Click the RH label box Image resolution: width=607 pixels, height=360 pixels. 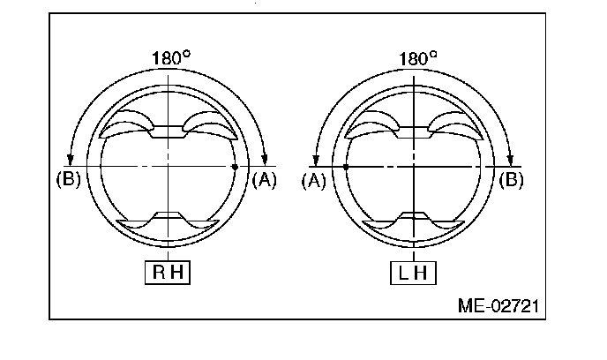click(x=168, y=273)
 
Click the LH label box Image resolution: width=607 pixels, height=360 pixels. click(x=413, y=273)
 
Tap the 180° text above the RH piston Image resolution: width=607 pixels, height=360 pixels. click(x=171, y=58)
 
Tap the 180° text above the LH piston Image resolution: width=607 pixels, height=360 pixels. click(x=417, y=58)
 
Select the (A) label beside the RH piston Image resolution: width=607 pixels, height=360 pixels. click(x=265, y=180)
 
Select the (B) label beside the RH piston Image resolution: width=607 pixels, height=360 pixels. click(x=69, y=179)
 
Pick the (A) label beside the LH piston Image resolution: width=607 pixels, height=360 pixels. click(x=314, y=180)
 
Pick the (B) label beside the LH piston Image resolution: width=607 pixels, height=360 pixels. click(x=511, y=180)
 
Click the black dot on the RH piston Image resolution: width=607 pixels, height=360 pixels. click(x=235, y=167)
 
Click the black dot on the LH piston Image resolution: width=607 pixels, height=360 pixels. click(x=346, y=167)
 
